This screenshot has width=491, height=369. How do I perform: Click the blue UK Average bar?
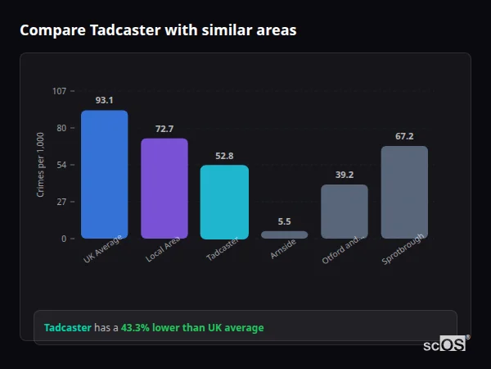click(x=104, y=175)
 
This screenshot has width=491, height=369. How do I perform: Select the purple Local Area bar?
click(x=164, y=189)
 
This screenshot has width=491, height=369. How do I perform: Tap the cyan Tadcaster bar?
click(x=224, y=202)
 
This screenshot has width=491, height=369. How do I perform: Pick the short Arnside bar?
click(x=284, y=235)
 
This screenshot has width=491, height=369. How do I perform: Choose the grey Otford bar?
click(x=345, y=212)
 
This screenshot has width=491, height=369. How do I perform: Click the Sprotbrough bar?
click(x=404, y=192)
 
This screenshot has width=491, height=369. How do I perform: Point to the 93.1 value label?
click(x=104, y=100)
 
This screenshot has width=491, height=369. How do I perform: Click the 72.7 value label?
click(x=164, y=129)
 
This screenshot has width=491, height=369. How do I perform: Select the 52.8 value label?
click(x=224, y=156)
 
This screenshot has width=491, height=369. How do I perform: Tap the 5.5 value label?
click(x=284, y=221)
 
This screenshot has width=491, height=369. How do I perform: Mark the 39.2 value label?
click(x=345, y=175)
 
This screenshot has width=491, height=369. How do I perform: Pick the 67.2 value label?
click(x=404, y=136)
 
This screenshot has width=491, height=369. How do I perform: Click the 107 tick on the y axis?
click(x=59, y=91)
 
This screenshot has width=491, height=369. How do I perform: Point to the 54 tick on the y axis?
click(x=61, y=165)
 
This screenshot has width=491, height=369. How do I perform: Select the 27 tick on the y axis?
click(x=61, y=202)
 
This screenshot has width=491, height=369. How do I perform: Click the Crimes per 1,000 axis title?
click(x=41, y=165)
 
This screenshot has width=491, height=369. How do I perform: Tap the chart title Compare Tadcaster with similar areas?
click(x=158, y=30)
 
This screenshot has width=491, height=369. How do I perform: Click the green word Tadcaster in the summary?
click(x=67, y=328)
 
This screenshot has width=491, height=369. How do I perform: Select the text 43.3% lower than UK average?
click(x=192, y=328)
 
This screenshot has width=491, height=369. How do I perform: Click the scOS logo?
click(x=445, y=344)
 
